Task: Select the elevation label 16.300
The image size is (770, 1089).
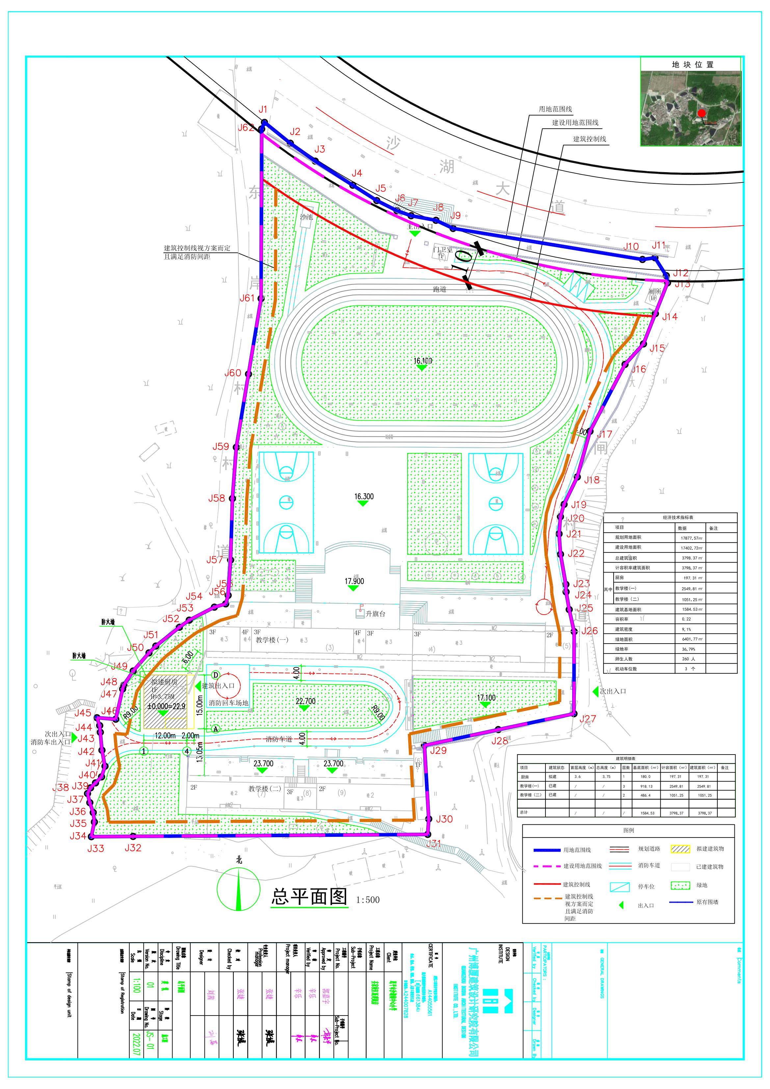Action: coord(364,496)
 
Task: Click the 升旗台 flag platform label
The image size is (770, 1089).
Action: coord(375,614)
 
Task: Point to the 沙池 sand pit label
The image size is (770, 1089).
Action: coord(306,217)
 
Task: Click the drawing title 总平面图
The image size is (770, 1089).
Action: coord(310,896)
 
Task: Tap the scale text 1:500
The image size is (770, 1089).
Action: coord(368,900)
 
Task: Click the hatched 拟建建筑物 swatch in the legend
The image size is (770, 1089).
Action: coord(680,849)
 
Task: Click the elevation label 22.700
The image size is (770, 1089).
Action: coord(305,701)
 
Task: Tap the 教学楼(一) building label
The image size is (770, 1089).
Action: coord(272,640)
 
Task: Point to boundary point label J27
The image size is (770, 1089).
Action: coord(587,719)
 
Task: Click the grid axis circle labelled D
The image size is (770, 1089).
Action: coord(215,675)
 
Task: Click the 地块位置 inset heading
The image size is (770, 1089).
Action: coord(693,65)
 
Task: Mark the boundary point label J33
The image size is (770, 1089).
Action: coord(95,849)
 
